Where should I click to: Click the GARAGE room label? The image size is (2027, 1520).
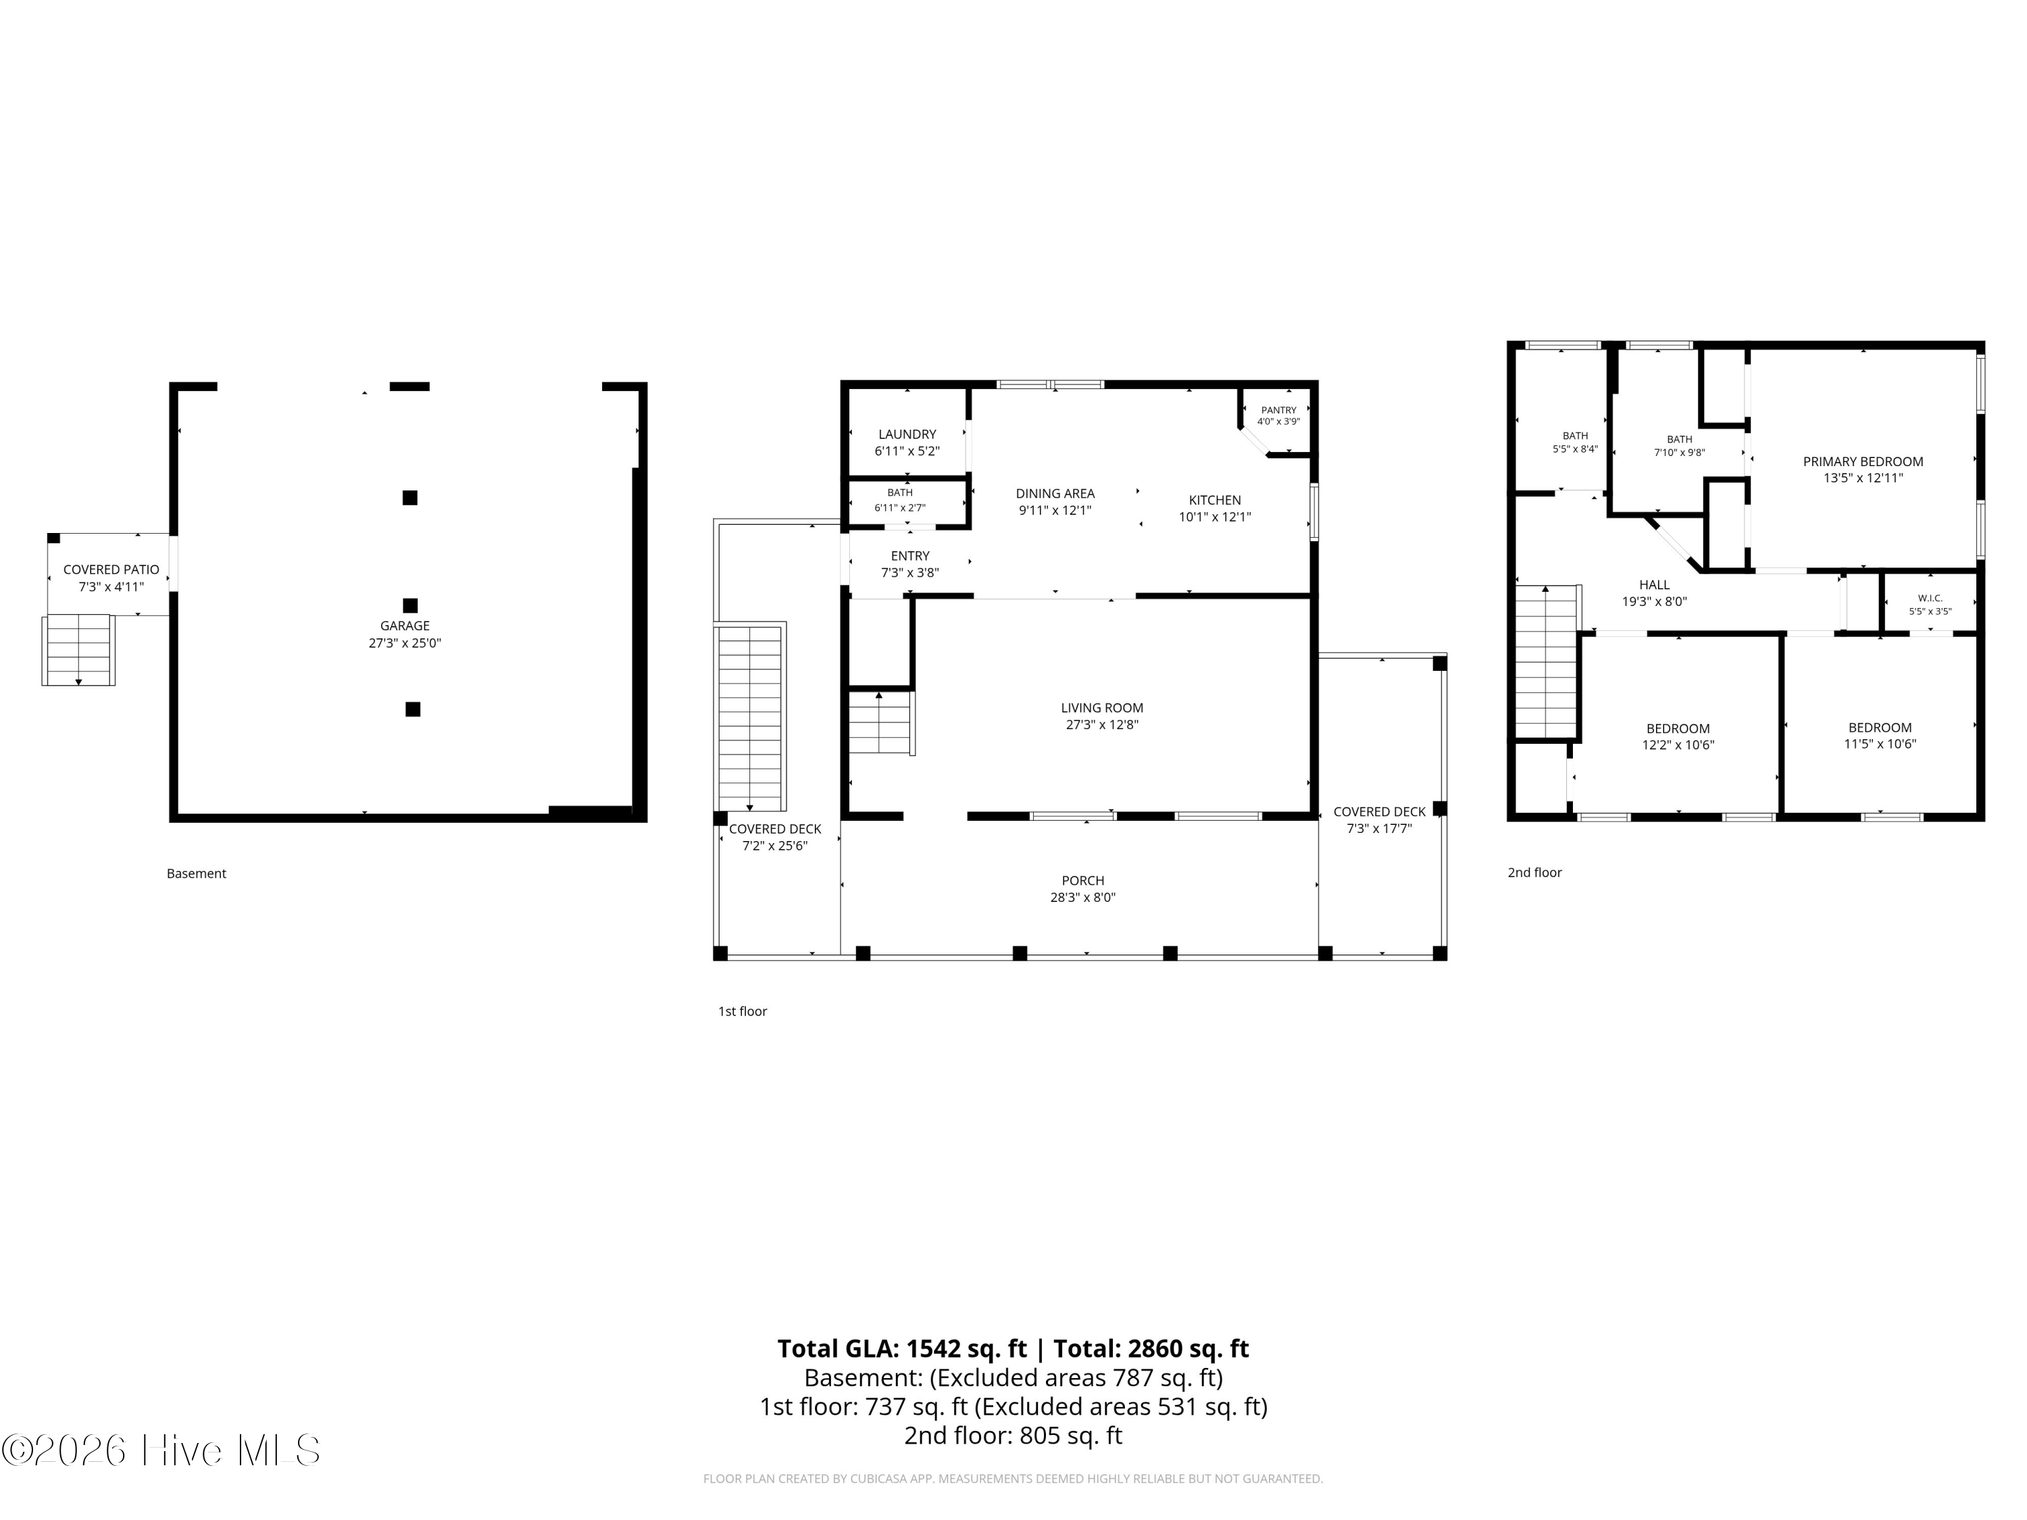(x=405, y=626)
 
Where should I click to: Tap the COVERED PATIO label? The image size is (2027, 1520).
(x=111, y=570)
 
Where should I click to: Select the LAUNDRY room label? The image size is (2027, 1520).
(x=907, y=434)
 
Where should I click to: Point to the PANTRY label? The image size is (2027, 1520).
(x=1278, y=411)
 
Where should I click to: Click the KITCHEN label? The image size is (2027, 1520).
(x=1215, y=501)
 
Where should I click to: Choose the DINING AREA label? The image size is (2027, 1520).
(x=1055, y=494)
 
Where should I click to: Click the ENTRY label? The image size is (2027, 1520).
(x=910, y=556)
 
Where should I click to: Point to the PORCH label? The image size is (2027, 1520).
(x=1083, y=880)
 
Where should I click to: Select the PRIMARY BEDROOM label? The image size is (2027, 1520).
(x=1863, y=462)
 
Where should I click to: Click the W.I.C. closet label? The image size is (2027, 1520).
(x=1930, y=599)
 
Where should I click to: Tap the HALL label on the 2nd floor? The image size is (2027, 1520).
(x=1654, y=584)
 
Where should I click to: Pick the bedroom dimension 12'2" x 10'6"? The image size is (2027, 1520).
(x=1678, y=745)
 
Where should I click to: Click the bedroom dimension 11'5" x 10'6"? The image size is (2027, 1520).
(x=1880, y=744)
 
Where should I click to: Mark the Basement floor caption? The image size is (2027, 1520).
(x=196, y=873)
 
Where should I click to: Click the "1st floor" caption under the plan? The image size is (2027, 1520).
(x=743, y=1011)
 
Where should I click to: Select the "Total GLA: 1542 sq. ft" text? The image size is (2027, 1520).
(x=902, y=1348)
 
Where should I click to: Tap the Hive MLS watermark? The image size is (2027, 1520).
(x=161, y=1450)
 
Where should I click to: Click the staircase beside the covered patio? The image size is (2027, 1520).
(x=79, y=651)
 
